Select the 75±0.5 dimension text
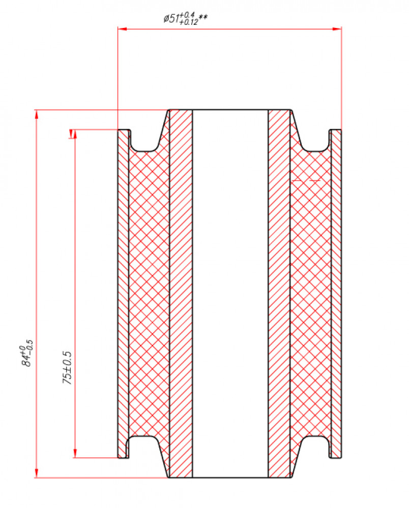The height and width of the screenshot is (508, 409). (67, 368)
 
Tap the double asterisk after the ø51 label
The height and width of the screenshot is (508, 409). (203, 17)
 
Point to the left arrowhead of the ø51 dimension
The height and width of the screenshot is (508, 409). (122, 29)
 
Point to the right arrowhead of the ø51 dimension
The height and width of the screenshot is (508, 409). (337, 29)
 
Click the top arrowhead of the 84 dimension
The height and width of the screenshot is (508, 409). (36, 114)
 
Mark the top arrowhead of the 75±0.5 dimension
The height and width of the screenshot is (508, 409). (75, 134)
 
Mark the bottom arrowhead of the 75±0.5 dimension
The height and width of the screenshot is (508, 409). (75, 453)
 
